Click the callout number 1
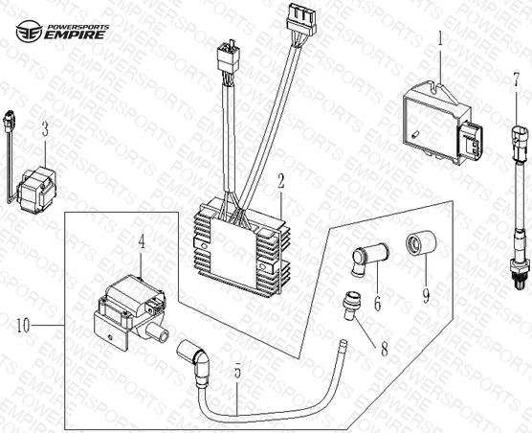(440, 40)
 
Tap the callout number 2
(280, 182)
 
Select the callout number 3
(45, 129)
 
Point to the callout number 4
(142, 242)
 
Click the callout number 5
(237, 371)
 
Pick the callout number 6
(377, 303)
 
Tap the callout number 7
(516, 80)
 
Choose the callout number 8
(384, 349)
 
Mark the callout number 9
(426, 295)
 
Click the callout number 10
(23, 326)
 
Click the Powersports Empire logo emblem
(29, 32)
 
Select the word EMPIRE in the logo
(75, 35)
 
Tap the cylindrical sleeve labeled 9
(421, 241)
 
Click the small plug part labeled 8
(348, 305)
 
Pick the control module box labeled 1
(442, 125)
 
